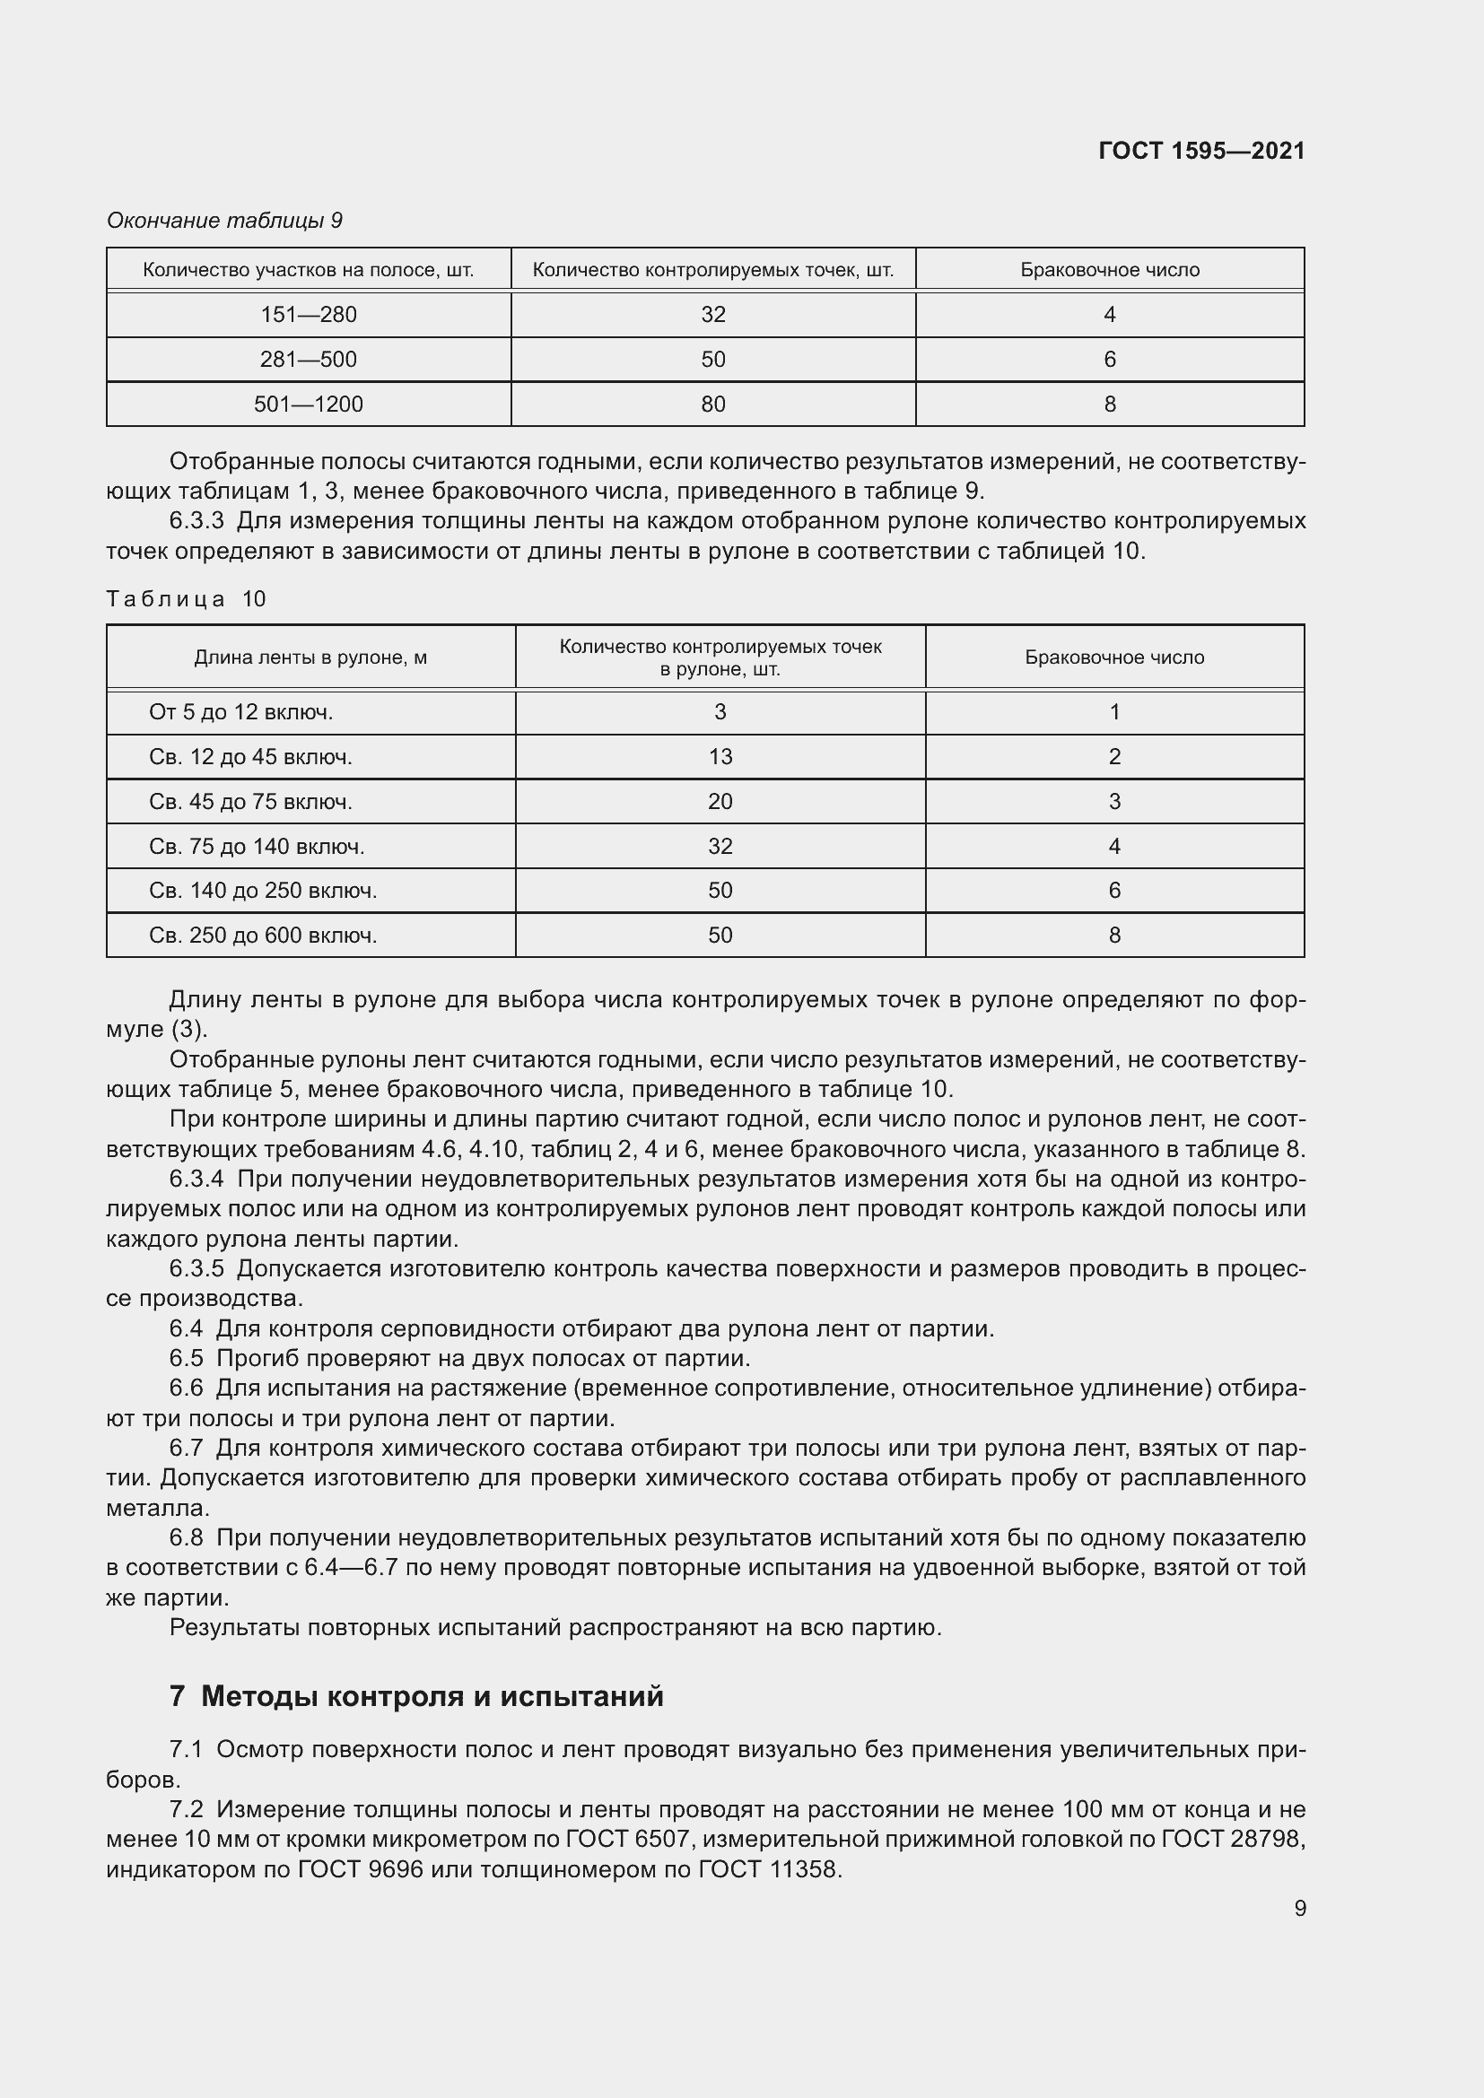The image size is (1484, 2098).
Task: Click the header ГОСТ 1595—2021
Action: pos(1200,151)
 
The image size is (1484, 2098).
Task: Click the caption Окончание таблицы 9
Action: pos(224,221)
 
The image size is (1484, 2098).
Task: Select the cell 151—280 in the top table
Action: pos(308,314)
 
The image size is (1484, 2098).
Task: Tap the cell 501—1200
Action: pos(308,404)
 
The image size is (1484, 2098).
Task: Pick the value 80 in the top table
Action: pos(712,404)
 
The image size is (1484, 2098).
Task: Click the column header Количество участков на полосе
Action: pos(308,271)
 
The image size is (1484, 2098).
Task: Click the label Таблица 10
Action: pos(186,598)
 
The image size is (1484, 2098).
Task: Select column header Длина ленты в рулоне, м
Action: pos(310,657)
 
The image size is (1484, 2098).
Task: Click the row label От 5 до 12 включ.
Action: pos(240,712)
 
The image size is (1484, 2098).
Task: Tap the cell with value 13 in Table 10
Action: pos(720,757)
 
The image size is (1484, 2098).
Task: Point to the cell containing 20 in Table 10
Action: pos(720,801)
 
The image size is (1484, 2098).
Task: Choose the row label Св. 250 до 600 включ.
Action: pos(262,935)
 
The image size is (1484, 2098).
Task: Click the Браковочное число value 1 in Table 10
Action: pos(1114,712)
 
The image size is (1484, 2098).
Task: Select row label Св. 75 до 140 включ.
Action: pos(256,846)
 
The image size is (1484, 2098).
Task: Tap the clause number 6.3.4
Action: pos(196,1179)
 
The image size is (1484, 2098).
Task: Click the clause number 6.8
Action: pos(186,1538)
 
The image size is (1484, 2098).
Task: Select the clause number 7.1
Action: pos(186,1749)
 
